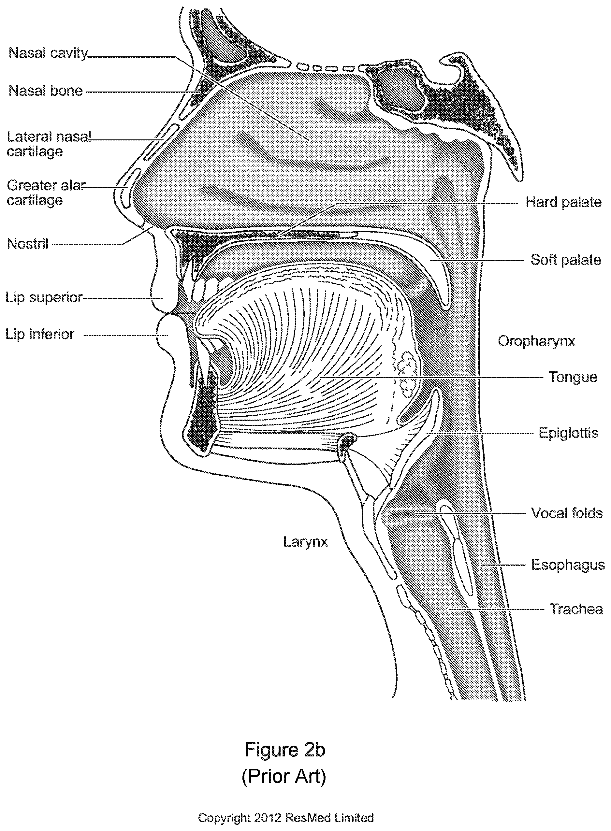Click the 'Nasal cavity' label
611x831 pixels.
click(48, 53)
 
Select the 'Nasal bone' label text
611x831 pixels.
click(46, 91)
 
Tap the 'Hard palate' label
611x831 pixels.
click(564, 202)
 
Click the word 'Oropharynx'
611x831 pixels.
click(537, 341)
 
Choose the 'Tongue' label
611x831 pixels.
click(573, 377)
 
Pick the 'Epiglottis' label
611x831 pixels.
click(568, 433)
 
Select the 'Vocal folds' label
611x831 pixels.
click(567, 513)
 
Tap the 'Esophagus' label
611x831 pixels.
click(568, 565)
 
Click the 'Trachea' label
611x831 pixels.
click(577, 609)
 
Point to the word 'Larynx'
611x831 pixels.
click(306, 542)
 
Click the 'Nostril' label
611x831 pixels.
click(28, 244)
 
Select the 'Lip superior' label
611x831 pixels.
click(44, 298)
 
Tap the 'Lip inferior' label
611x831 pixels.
click(40, 335)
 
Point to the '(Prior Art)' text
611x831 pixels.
click(284, 776)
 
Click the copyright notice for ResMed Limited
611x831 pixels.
click(286, 817)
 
